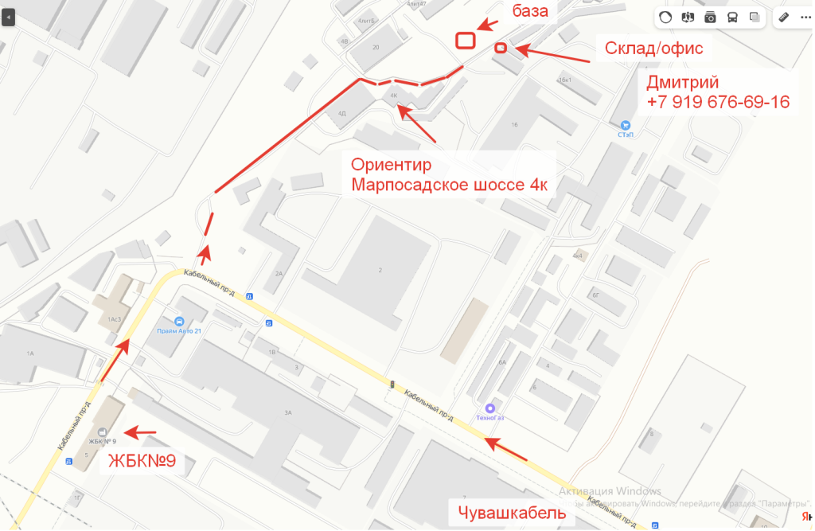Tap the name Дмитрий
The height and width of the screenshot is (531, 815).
(683, 82)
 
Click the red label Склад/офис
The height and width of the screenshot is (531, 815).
(653, 48)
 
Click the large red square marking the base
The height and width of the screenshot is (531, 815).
(466, 40)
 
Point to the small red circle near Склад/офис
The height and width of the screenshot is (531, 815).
(501, 49)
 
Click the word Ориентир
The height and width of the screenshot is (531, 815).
(391, 165)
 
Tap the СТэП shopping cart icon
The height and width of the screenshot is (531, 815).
(625, 125)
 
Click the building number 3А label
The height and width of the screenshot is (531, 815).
(288, 412)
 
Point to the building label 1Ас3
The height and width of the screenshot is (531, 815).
(114, 318)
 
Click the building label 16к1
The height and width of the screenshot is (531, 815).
(566, 80)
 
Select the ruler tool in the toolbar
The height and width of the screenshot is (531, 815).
(783, 17)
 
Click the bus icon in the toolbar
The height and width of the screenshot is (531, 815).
(732, 17)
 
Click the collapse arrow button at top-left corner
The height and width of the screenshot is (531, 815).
(8, 17)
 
